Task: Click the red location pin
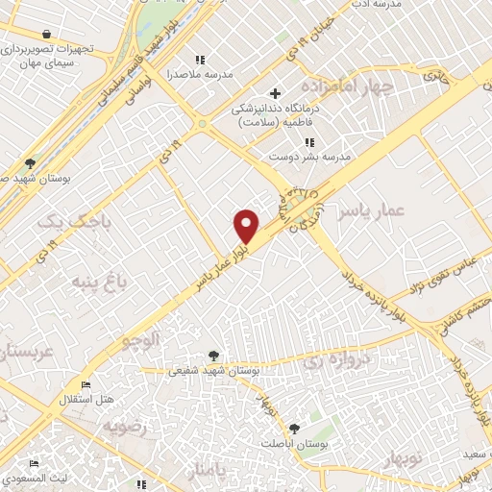click(247, 226)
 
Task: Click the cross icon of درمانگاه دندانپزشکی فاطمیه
click(276, 93)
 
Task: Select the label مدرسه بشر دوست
click(307, 155)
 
